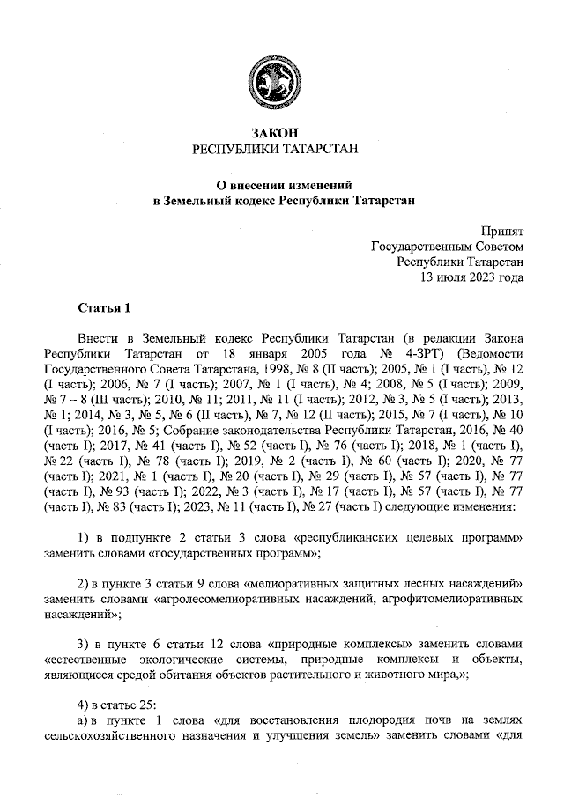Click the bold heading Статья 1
(103, 308)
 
